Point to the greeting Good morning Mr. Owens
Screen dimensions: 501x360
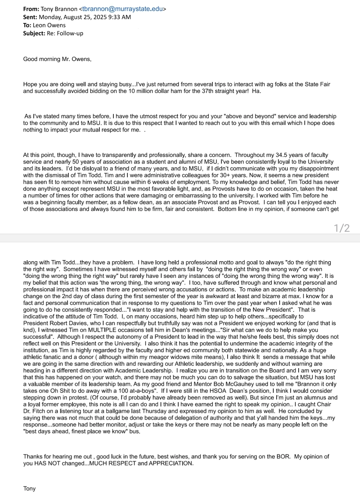(57, 59)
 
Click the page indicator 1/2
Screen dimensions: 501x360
(342, 228)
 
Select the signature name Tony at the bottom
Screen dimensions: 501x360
(29, 488)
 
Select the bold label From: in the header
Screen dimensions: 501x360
(31, 9)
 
